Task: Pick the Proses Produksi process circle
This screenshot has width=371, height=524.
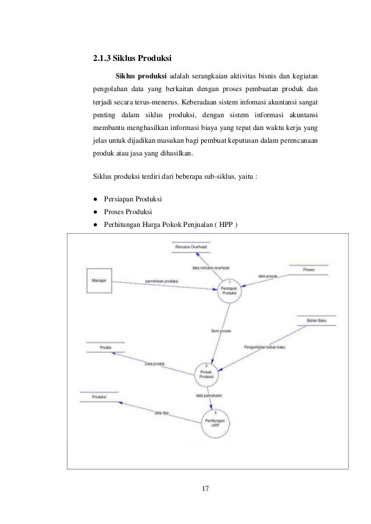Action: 205,373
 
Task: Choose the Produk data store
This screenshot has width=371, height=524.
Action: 105,348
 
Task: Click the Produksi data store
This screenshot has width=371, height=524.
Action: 100,397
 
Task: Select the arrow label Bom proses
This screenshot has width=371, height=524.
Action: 222,331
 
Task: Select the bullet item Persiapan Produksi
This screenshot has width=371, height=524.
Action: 133,199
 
